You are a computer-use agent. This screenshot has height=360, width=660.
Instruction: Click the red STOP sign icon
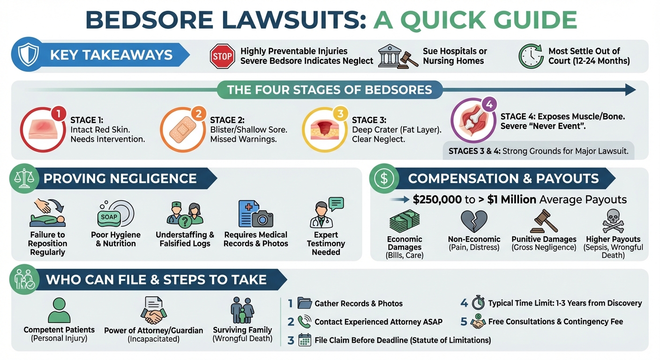point(222,56)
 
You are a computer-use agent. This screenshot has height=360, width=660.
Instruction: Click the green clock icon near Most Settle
point(531,56)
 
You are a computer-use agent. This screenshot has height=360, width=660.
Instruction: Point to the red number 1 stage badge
point(58,113)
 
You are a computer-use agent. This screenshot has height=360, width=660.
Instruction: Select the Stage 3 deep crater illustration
point(321,129)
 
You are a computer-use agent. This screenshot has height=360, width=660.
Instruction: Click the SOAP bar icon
point(109,217)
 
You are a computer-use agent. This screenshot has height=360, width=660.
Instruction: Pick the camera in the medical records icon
point(262,218)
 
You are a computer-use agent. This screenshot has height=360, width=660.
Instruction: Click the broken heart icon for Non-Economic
point(474,221)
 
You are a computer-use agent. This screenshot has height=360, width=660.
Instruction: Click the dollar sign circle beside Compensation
point(384,178)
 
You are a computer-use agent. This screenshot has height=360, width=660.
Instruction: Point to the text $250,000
point(437,200)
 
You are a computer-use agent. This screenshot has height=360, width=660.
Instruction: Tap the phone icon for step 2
point(304,322)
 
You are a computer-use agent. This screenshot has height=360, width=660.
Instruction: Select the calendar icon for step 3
point(305,340)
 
